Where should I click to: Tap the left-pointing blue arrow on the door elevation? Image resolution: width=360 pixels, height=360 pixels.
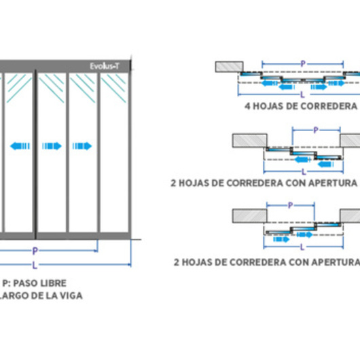click(20, 145)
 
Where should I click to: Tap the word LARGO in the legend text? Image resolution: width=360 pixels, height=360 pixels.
click(18, 295)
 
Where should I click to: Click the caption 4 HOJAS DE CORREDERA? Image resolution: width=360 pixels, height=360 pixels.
click(300, 107)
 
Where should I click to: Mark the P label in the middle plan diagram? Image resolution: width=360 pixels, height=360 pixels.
click(316, 130)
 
